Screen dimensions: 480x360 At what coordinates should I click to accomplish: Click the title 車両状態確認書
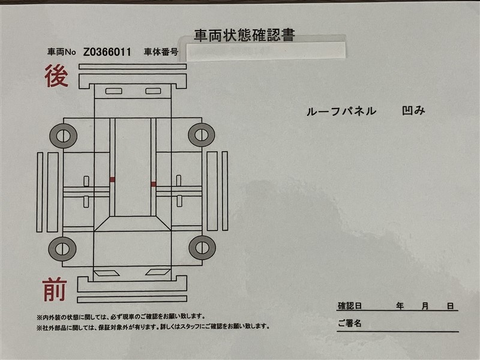244,35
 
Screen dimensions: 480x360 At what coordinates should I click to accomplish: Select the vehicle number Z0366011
107,52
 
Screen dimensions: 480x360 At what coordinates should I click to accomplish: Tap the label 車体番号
161,52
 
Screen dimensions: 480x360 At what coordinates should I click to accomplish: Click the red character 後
56,76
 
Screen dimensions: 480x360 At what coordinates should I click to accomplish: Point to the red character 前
55,289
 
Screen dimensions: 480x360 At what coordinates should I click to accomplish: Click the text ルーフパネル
341,111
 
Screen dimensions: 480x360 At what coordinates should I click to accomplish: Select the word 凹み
413,110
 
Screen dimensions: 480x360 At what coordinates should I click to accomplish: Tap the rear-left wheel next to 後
64,136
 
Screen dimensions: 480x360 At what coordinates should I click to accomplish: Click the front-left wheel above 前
62,249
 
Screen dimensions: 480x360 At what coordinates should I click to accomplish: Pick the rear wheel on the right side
202,135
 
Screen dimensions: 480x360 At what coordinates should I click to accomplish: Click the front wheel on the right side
202,248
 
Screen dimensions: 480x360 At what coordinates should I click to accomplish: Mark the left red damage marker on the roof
112,179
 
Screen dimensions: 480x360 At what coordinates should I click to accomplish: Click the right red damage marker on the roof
154,184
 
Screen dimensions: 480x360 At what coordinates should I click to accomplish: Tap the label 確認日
350,305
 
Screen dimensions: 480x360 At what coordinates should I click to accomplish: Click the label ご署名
350,323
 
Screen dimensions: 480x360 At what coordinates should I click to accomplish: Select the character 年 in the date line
400,305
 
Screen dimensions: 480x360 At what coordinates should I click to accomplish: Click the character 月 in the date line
425,306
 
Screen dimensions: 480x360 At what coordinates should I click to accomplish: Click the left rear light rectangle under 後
114,91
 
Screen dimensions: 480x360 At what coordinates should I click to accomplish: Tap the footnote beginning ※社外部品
153,327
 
